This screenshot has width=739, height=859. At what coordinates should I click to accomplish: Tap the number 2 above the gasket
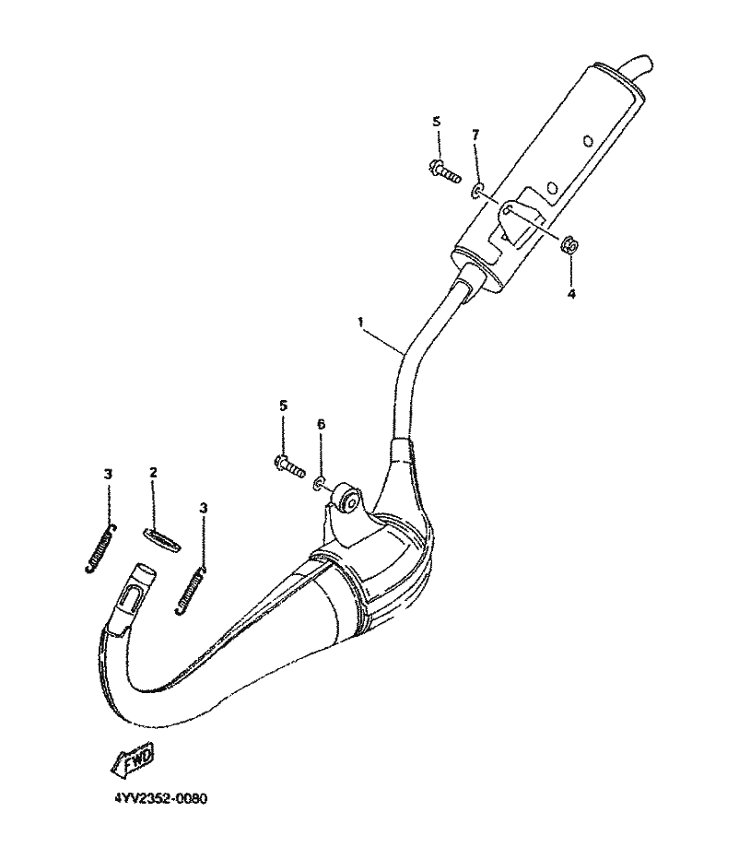click(x=154, y=473)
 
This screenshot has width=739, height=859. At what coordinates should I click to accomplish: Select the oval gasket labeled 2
click(x=157, y=538)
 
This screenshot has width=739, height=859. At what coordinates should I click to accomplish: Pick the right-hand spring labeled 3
click(x=190, y=589)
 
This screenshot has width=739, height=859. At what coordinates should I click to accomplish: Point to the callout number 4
click(x=570, y=294)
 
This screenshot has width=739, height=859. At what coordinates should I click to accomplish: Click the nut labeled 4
click(x=569, y=244)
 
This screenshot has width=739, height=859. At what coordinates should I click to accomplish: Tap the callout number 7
click(x=475, y=135)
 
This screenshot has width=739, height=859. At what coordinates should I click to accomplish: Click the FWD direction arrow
click(x=134, y=759)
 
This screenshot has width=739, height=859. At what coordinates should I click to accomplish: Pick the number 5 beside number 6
click(x=282, y=406)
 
